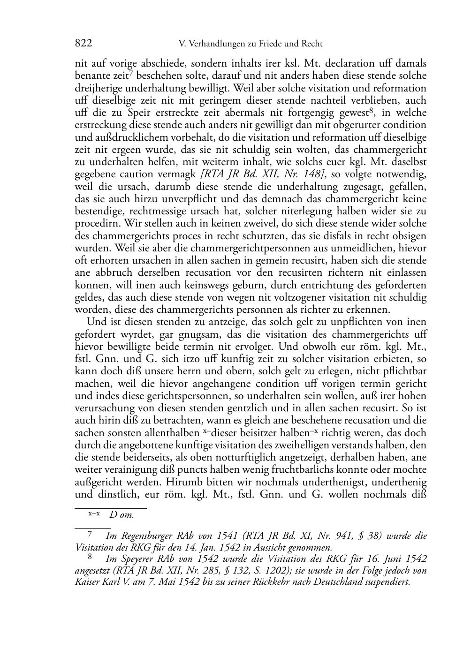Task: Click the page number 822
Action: [x=83, y=44]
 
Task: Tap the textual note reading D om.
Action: [x=122, y=514]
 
